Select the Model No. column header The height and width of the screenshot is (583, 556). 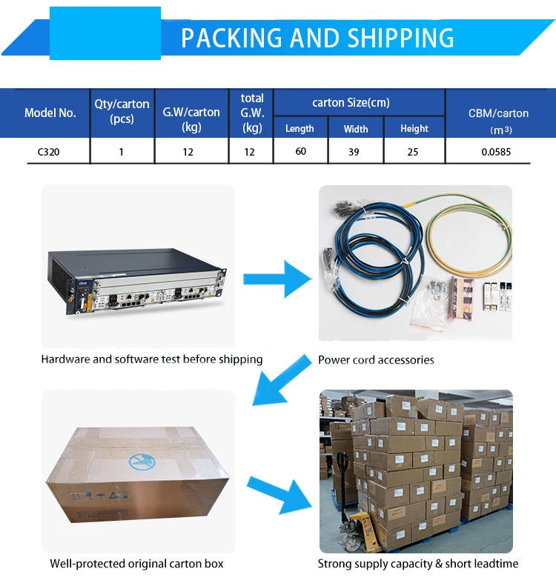(50, 113)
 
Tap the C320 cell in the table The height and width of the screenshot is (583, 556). (50, 152)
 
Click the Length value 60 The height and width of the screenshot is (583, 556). (299, 152)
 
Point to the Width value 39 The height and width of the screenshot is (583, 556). (356, 152)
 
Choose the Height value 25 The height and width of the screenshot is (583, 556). (413, 152)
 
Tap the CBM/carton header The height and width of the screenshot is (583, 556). (498, 113)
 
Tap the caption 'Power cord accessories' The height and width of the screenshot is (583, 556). (376, 360)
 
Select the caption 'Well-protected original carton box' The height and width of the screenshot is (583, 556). (136, 564)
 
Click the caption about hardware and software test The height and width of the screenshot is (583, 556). (152, 359)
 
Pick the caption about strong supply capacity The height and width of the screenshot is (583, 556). (418, 564)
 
